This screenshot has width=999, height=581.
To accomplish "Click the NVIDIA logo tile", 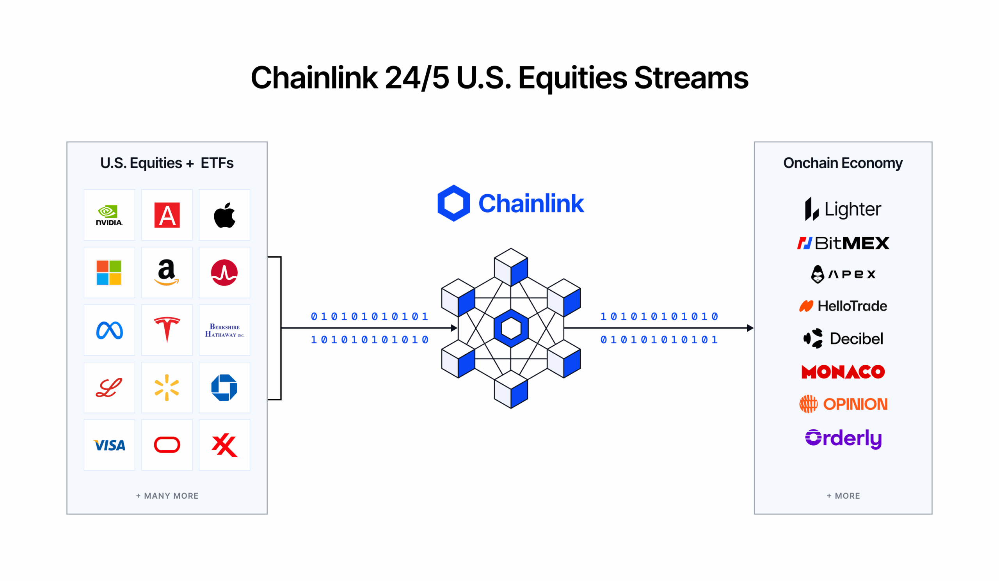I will click(x=109, y=215).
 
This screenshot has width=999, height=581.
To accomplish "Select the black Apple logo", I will click(x=224, y=215).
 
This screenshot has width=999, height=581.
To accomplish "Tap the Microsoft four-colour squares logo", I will click(x=109, y=273).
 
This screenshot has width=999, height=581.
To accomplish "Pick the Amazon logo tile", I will click(x=167, y=273).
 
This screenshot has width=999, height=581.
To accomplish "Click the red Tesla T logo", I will click(x=167, y=330).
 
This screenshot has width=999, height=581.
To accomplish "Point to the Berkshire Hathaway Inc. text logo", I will click(x=224, y=330).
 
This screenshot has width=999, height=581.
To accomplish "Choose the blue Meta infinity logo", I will click(x=109, y=330).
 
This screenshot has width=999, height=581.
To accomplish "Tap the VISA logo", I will click(x=109, y=446).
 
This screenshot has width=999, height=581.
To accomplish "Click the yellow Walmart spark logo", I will click(x=167, y=387).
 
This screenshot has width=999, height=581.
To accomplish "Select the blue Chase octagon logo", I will click(x=224, y=387).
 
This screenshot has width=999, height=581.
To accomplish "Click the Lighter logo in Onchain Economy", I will click(x=843, y=209).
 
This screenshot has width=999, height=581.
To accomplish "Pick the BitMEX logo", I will click(x=843, y=243).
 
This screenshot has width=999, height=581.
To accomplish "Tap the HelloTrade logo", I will click(x=843, y=306).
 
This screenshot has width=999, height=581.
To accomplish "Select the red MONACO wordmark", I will click(x=843, y=372).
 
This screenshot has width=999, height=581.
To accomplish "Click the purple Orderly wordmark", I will click(x=843, y=438).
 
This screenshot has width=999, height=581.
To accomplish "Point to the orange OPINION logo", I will click(x=843, y=404).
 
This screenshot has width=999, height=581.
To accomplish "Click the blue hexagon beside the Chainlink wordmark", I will click(x=453, y=203).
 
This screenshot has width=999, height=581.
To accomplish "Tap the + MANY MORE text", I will click(x=167, y=496).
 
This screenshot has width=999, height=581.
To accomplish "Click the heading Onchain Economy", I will click(x=843, y=163).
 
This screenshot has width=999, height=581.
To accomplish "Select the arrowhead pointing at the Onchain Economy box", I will click(x=750, y=328).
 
